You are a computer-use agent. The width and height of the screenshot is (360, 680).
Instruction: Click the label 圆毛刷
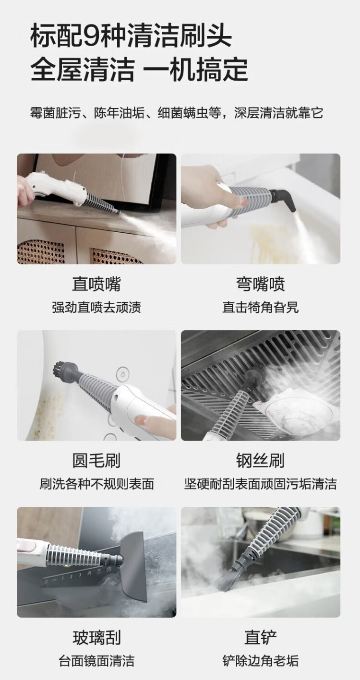pyautogui.click(x=96, y=461)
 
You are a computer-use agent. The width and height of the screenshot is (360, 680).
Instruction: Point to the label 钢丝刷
pyautogui.click(x=261, y=461)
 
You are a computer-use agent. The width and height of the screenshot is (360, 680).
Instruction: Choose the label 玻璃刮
pyautogui.click(x=96, y=637)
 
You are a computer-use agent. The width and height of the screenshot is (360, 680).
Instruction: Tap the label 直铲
pyautogui.click(x=261, y=637)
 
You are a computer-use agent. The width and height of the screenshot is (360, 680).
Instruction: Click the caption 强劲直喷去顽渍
pyautogui.click(x=96, y=308)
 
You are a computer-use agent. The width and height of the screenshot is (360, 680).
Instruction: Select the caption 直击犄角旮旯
pyautogui.click(x=261, y=308)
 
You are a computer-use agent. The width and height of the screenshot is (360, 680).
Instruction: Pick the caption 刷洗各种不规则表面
pyautogui.click(x=96, y=484)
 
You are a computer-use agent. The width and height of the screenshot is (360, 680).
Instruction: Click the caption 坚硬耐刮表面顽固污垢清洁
pyautogui.click(x=261, y=484)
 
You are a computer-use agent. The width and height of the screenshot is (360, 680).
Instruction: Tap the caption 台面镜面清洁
pyautogui.click(x=96, y=661)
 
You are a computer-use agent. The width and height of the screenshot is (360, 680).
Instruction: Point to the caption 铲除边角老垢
pyautogui.click(x=261, y=661)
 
